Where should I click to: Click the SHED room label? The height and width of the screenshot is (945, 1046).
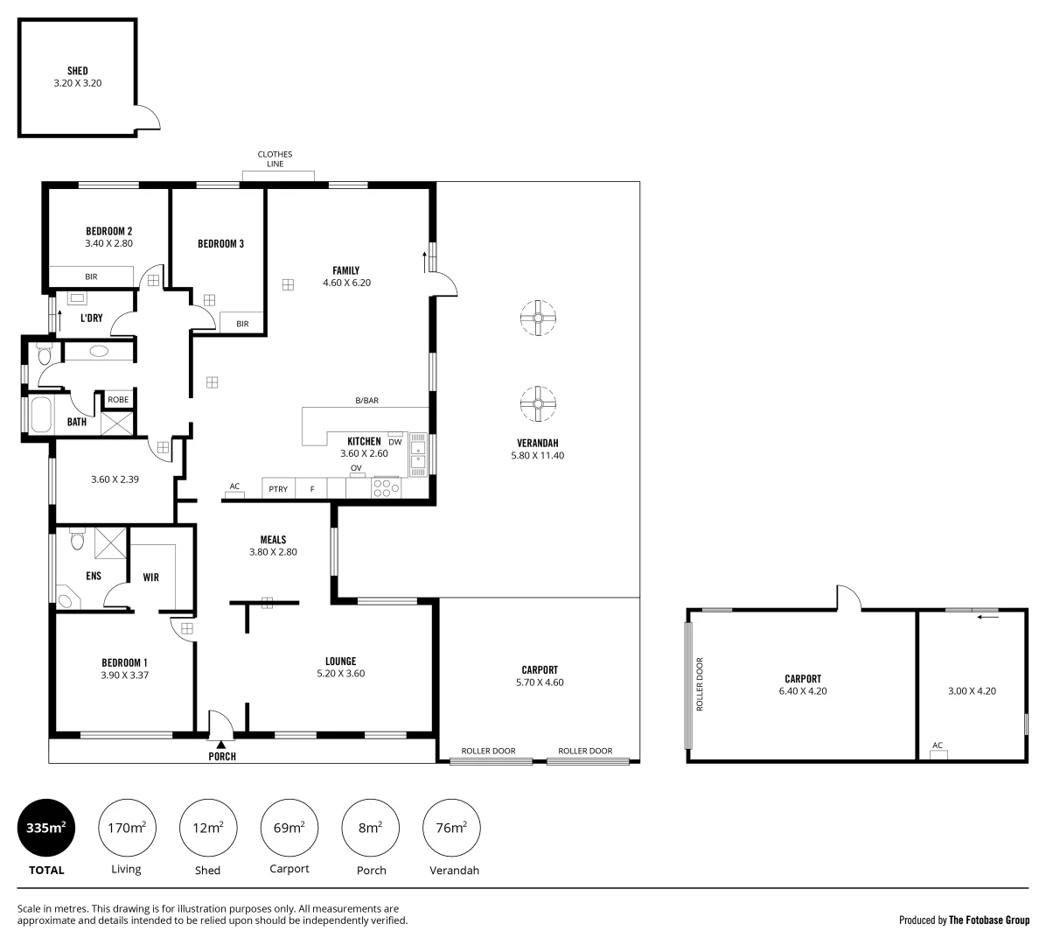click(77, 71)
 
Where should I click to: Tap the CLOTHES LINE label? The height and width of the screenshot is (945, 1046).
click(275, 159)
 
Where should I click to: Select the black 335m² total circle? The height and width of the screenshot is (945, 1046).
click(46, 828)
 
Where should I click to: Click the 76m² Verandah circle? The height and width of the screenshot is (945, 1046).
click(451, 828)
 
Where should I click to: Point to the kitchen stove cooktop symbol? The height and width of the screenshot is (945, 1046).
click(385, 486)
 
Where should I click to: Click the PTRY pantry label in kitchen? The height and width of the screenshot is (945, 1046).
click(278, 489)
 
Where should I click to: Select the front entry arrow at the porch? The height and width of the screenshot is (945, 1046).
click(221, 744)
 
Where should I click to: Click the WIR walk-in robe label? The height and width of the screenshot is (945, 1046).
click(150, 577)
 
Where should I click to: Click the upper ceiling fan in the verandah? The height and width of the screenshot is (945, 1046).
click(537, 318)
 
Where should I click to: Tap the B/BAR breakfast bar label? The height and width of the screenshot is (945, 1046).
click(366, 401)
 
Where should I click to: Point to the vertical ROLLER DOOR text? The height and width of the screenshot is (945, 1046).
click(700, 683)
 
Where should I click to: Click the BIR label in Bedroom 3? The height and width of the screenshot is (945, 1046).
click(242, 324)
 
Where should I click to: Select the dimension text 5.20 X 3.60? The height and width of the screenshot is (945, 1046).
click(340, 674)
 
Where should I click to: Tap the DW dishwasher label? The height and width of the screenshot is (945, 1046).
click(395, 442)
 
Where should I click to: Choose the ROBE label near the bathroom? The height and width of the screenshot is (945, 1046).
click(117, 400)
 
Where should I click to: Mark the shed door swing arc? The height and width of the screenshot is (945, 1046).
click(150, 115)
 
